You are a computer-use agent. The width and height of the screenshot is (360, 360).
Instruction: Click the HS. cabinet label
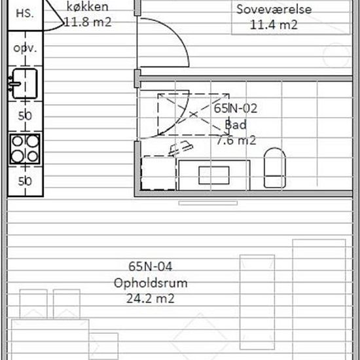(x=25, y=14)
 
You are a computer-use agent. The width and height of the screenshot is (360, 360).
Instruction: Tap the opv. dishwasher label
(x=25, y=48)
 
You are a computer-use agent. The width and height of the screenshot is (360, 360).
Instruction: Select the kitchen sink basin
(x=24, y=84)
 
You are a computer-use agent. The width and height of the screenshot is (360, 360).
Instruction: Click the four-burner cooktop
(x=25, y=149)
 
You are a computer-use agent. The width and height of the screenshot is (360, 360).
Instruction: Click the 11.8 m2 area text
(x=88, y=22)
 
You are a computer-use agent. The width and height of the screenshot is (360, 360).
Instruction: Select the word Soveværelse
(x=274, y=9)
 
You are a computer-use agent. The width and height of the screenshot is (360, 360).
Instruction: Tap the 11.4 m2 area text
(x=274, y=25)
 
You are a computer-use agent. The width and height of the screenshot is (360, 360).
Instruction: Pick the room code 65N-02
(x=236, y=109)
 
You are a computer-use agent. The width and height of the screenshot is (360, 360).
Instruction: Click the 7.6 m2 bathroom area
(x=236, y=140)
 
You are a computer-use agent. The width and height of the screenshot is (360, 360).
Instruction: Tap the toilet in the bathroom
(x=275, y=168)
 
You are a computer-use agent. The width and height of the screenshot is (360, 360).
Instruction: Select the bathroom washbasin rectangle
(x=214, y=175)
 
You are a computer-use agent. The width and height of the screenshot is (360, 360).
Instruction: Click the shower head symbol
(x=181, y=148)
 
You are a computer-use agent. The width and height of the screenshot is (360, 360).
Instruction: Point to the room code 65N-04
(x=150, y=266)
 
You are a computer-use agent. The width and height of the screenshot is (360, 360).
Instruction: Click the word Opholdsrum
(x=151, y=283)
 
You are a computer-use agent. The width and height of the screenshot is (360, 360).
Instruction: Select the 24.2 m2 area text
(x=151, y=298)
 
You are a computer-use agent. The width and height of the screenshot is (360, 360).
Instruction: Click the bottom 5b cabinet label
(x=25, y=181)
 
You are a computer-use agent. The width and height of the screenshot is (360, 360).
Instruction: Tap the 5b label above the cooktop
(x=25, y=116)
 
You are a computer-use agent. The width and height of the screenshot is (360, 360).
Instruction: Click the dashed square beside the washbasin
(x=158, y=173)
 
